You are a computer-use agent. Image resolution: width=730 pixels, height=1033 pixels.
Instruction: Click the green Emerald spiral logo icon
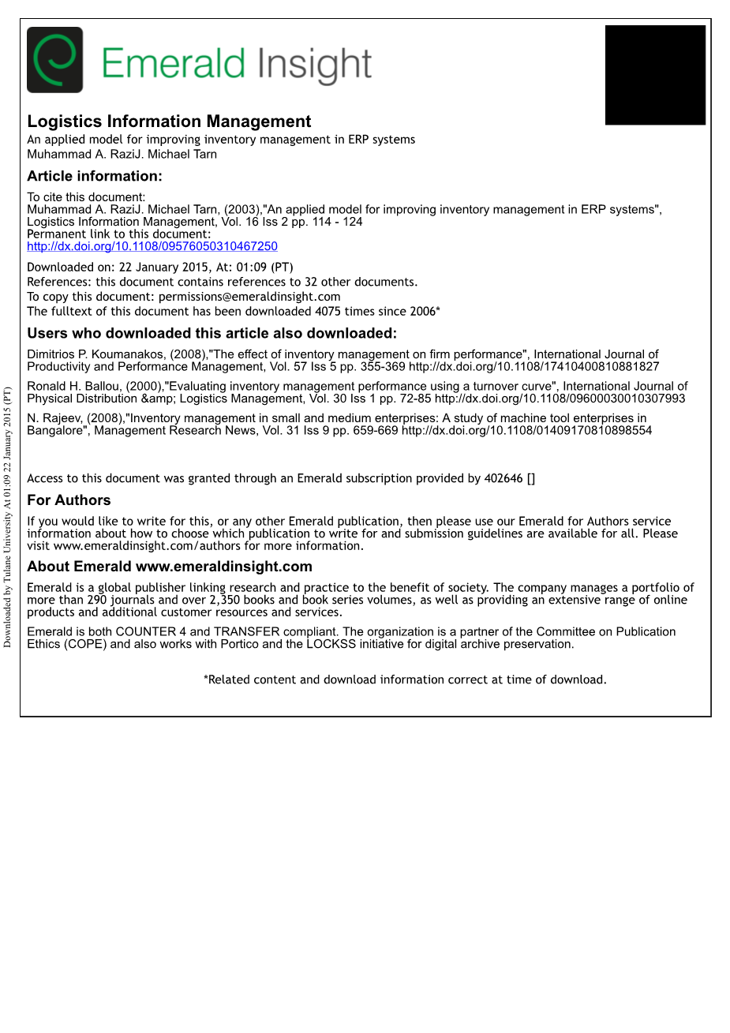tap(54, 60)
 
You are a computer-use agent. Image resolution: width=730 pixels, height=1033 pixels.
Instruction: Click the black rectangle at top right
tap(655, 75)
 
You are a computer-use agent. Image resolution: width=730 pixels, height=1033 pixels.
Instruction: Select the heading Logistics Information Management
tap(169, 122)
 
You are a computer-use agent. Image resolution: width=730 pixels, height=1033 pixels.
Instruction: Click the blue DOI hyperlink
tap(152, 246)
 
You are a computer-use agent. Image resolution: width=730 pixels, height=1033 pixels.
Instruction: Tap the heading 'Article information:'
tap(95, 176)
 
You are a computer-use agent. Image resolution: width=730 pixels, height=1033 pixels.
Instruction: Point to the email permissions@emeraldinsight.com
tap(249, 297)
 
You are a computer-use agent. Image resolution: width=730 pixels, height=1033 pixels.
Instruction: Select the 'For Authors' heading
tap(69, 500)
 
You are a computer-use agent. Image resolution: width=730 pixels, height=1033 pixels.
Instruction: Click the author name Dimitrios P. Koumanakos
tap(96, 355)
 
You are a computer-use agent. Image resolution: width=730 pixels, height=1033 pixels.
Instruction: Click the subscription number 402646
tap(503, 478)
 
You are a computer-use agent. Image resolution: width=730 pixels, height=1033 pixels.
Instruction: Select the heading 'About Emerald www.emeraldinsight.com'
tap(170, 567)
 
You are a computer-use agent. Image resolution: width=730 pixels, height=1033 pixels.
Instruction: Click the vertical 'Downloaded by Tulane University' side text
tap(8, 517)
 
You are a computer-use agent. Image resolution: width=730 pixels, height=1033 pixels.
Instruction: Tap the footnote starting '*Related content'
tap(405, 679)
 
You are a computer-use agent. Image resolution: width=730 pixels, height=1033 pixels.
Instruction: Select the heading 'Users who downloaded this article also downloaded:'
tap(212, 334)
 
